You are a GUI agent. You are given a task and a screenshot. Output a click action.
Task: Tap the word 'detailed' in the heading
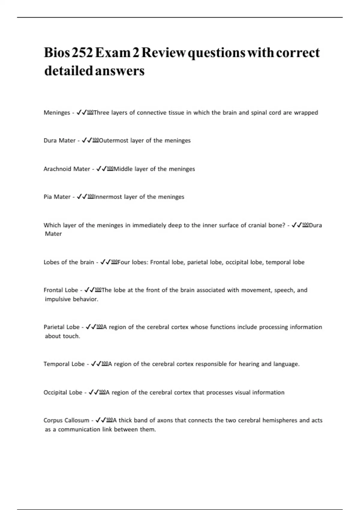click(x=68, y=71)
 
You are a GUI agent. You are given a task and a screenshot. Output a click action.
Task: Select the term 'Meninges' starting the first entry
click(x=57, y=113)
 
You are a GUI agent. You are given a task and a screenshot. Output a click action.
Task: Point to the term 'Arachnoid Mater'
click(x=67, y=169)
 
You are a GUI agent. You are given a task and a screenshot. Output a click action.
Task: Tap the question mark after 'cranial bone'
click(x=283, y=225)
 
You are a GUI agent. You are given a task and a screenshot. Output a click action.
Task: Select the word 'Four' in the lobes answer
click(x=124, y=262)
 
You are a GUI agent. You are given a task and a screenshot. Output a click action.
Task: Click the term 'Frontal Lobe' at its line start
click(x=61, y=290)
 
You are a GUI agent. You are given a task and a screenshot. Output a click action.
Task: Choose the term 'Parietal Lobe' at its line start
click(x=61, y=327)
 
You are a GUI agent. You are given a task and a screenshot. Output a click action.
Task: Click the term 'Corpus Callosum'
click(x=66, y=420)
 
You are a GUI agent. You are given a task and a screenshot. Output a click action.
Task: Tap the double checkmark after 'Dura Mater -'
click(x=87, y=140)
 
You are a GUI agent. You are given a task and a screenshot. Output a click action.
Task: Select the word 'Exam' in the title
click(x=113, y=53)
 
